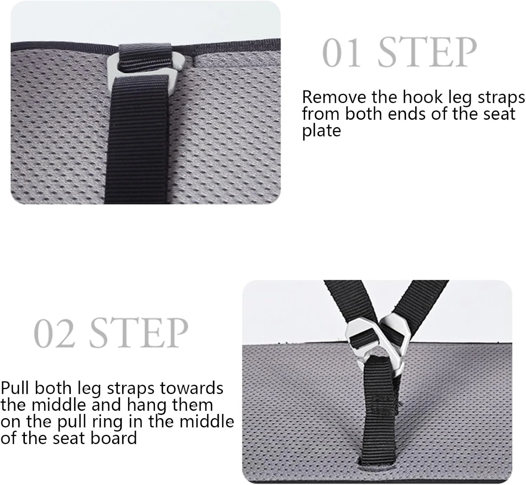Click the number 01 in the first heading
point(342,53)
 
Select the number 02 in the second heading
point(54,333)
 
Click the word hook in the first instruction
point(423,97)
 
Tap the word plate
point(321,131)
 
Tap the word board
point(114,438)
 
